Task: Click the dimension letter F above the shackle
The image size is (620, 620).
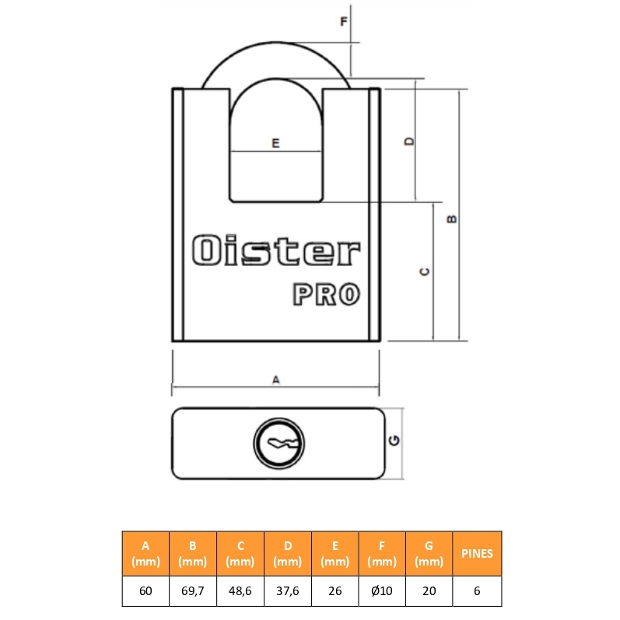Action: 344,21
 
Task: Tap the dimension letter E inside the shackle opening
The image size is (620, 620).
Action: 275,142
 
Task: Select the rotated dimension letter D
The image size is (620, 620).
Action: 410,141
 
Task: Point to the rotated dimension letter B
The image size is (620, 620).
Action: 451,219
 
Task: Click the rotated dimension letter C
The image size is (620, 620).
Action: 424,271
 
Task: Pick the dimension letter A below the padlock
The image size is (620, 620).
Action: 276,380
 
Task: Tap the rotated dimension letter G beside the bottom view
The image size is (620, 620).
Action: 394,440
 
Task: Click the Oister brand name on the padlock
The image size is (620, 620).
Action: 276,250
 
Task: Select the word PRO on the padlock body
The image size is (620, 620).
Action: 326,294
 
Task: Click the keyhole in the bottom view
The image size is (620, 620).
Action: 278,443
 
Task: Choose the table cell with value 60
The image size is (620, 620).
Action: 145,590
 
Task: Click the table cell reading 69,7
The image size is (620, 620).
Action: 193,590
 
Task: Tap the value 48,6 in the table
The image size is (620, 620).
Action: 240,590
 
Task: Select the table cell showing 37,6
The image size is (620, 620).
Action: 288,590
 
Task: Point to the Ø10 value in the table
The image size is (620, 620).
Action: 382,590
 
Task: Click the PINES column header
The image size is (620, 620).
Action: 477,554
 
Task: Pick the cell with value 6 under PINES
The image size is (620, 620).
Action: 477,590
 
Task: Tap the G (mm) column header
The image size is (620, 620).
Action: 429,554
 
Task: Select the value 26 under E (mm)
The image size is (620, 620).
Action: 335,590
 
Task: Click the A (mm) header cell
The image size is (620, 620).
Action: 145,554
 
